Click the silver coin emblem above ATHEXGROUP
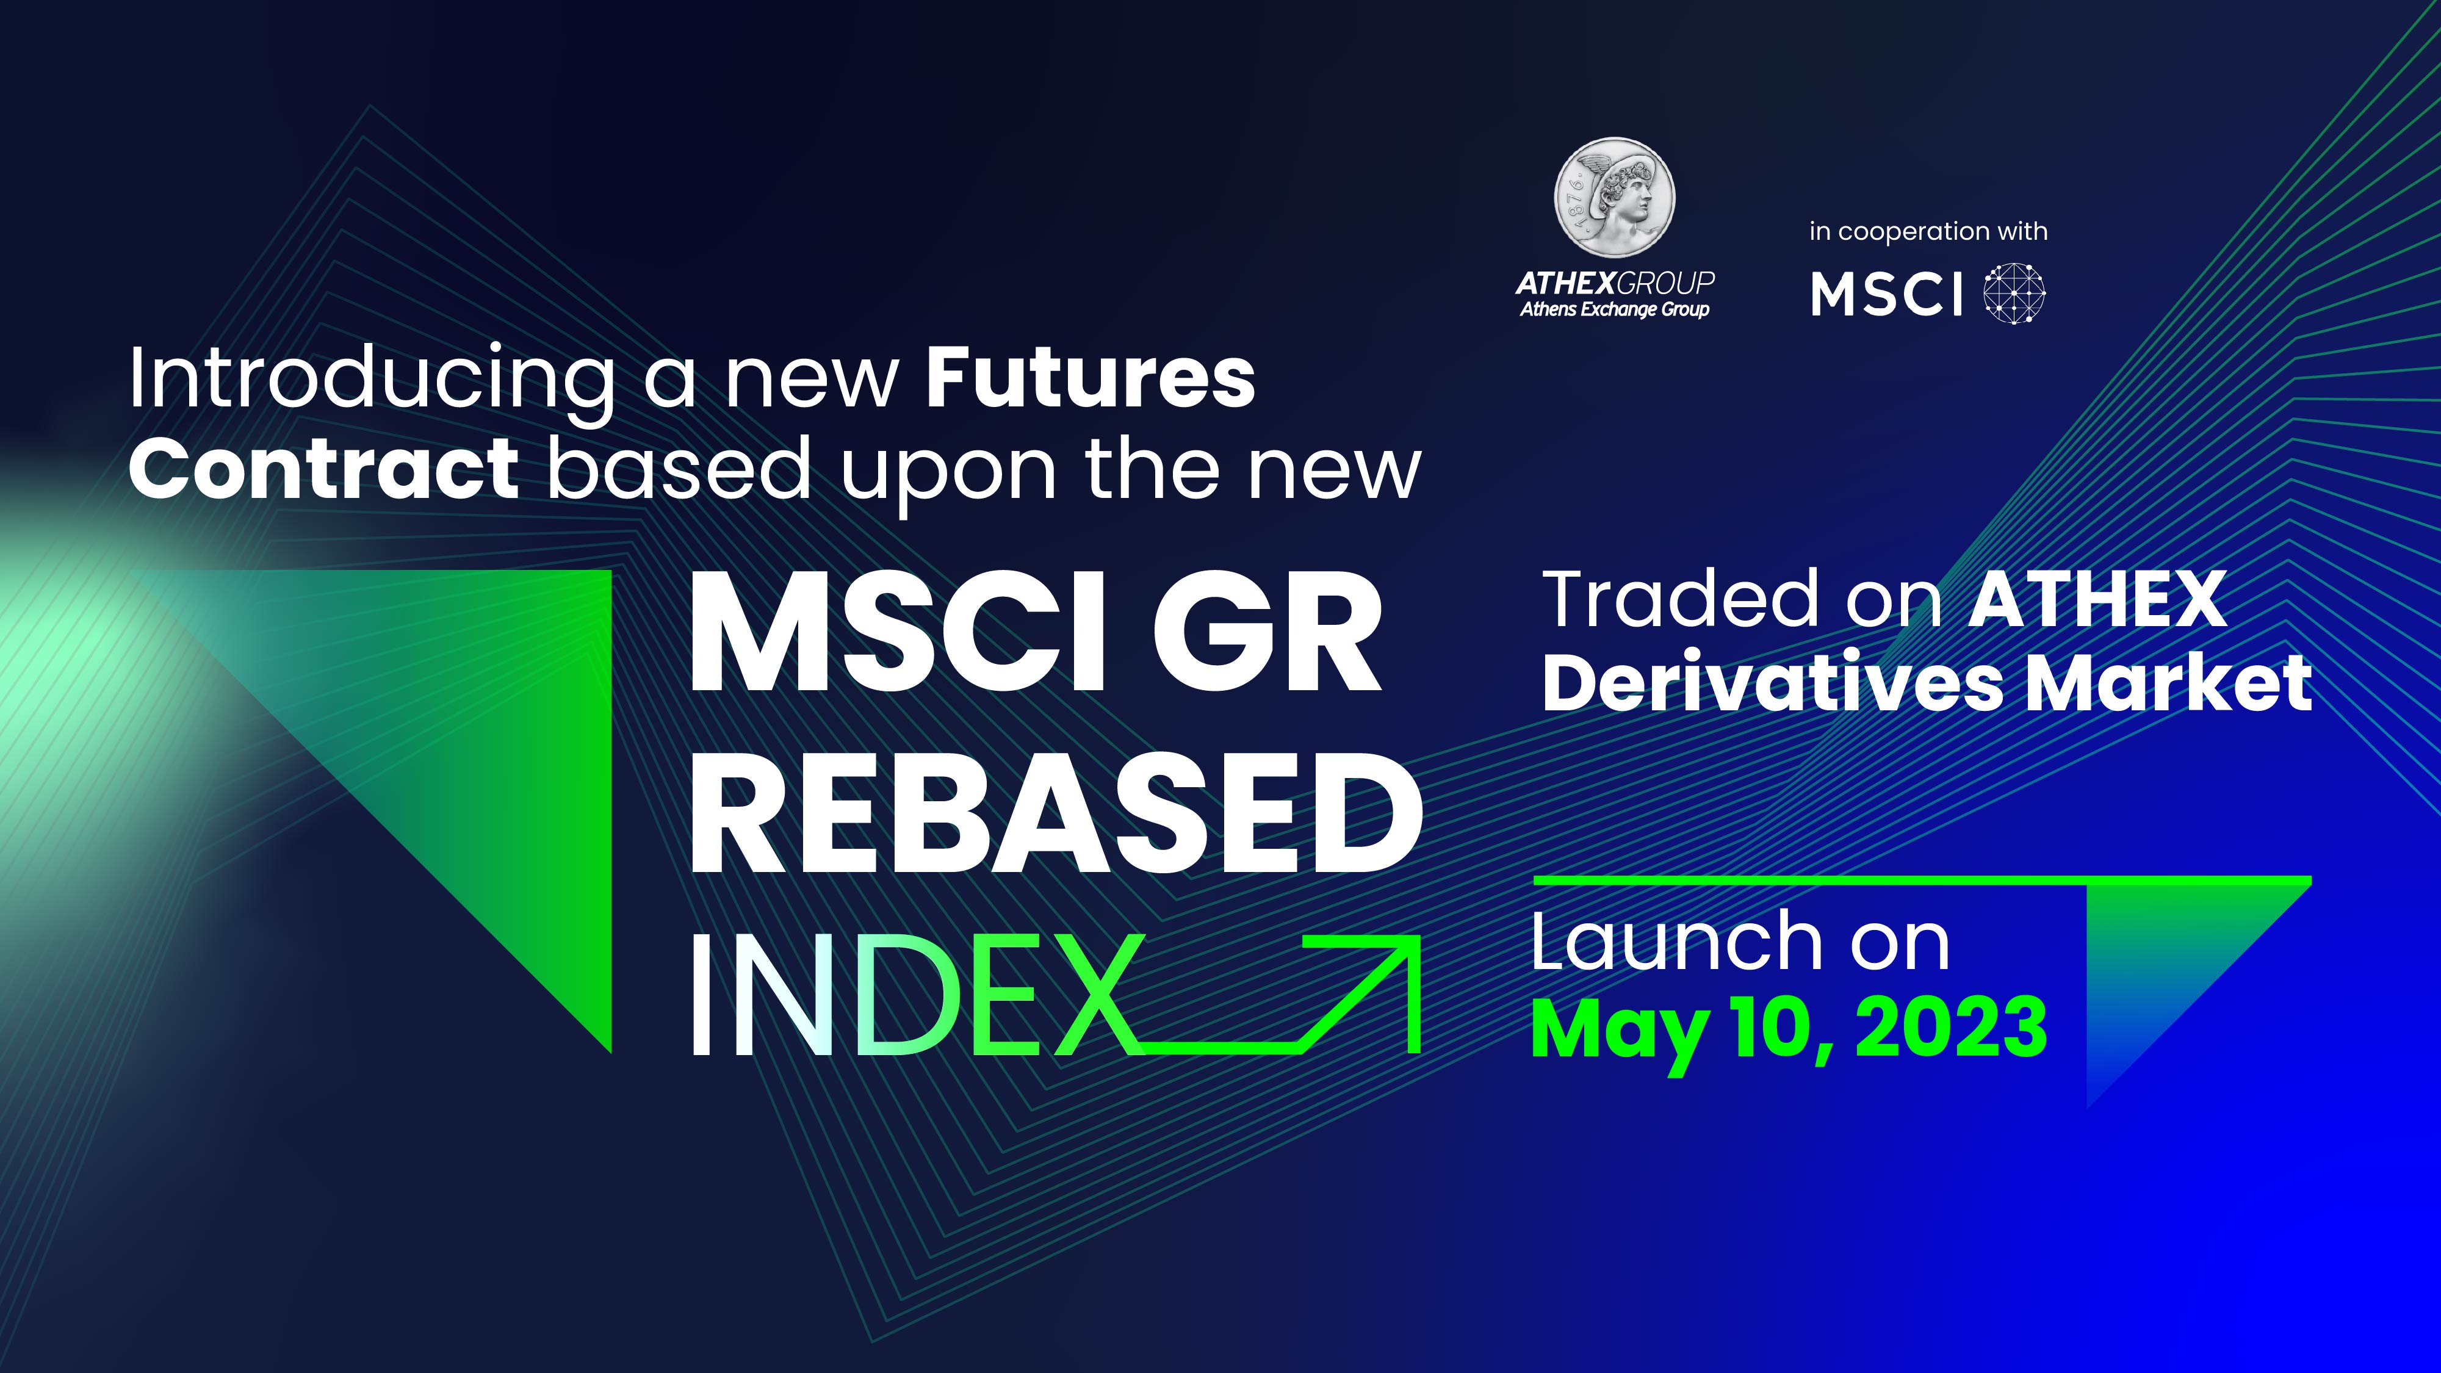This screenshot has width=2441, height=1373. (1615, 197)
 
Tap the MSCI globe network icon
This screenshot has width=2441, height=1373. (2014, 294)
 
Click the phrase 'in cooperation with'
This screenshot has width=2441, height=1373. (1928, 232)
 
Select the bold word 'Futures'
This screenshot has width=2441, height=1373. (1091, 379)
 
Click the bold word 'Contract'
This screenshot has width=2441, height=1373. (324, 469)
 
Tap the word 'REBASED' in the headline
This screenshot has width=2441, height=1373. (1056, 814)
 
